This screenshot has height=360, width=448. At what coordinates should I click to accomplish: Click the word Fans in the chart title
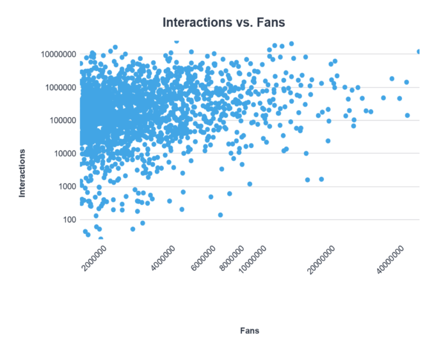(270, 22)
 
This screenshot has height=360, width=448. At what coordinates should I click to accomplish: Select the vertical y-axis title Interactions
(22, 173)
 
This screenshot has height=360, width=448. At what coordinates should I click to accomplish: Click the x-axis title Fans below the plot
(249, 331)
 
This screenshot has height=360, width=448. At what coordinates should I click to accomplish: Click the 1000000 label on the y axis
(56, 87)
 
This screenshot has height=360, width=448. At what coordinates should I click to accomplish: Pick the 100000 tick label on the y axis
(58, 120)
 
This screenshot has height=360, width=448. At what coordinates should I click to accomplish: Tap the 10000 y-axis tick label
(61, 153)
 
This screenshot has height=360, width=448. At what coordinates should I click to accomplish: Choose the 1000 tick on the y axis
(63, 186)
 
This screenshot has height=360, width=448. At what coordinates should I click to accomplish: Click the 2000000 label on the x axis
(94, 259)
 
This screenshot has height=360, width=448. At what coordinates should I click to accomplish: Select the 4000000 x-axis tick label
(163, 259)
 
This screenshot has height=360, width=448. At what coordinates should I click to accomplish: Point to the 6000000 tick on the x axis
(204, 259)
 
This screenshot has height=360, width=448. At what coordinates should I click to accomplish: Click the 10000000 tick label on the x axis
(252, 260)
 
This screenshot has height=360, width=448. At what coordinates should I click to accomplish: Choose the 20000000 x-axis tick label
(322, 260)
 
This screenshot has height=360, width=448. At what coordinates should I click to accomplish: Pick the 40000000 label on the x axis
(391, 260)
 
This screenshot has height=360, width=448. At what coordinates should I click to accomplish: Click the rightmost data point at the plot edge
(419, 51)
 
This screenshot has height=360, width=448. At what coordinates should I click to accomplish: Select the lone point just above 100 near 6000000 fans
(220, 215)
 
